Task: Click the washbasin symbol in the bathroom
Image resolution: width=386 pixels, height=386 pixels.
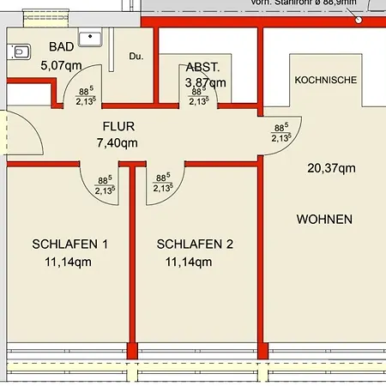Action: click(89, 38)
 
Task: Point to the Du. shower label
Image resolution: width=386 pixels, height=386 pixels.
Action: click(136, 57)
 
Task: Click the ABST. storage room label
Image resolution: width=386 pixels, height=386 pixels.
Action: click(202, 67)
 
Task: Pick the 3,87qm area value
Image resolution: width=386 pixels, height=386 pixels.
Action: click(206, 82)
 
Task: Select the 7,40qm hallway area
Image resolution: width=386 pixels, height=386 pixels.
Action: click(118, 143)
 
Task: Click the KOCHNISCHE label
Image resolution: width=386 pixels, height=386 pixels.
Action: click(325, 80)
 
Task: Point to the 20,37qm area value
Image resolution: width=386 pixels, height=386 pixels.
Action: click(331, 168)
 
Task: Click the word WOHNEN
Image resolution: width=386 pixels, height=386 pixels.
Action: click(324, 220)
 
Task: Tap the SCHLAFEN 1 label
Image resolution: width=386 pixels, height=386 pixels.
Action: click(70, 244)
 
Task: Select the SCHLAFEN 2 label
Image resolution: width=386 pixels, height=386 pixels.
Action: click(195, 244)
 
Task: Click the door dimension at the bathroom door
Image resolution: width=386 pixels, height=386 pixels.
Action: click(85, 95)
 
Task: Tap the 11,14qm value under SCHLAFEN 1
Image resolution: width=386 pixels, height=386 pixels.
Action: click(68, 262)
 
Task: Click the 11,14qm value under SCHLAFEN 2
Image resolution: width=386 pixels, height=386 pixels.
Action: click(189, 262)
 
